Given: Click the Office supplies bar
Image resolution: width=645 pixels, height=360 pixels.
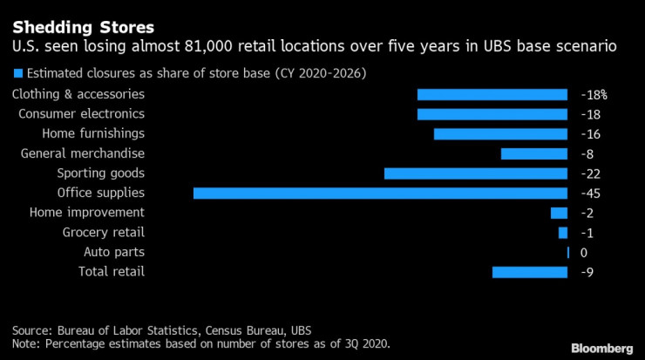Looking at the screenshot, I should click(380, 193).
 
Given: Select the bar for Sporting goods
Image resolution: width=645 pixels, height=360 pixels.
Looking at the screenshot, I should click(476, 173).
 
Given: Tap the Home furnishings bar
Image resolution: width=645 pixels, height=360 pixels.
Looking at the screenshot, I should click(501, 134).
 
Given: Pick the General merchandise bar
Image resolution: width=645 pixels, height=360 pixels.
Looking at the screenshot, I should click(534, 153).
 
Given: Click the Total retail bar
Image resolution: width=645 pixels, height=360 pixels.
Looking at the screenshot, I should click(530, 272).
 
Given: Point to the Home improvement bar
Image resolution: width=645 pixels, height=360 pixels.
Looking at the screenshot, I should click(559, 213).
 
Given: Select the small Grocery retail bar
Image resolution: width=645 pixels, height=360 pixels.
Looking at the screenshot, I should click(563, 233).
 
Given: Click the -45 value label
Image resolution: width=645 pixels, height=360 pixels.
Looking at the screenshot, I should click(589, 194).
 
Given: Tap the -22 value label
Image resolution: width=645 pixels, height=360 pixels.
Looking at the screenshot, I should click(589, 173).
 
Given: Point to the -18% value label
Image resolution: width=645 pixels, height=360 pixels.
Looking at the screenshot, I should click(593, 95).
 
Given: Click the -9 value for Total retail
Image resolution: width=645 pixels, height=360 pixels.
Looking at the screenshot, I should click(587, 272).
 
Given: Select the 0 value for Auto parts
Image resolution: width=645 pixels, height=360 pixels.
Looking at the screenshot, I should click(584, 253).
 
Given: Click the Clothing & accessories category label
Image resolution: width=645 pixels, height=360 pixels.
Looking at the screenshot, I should click(78, 94).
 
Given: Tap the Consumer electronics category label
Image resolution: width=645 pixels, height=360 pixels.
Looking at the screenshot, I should click(81, 114).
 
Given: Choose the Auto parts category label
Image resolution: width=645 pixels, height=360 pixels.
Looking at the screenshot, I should click(114, 252).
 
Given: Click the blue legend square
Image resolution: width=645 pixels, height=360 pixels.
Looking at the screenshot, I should click(17, 72).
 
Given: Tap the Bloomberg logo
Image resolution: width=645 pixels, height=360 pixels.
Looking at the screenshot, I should click(597, 348).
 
